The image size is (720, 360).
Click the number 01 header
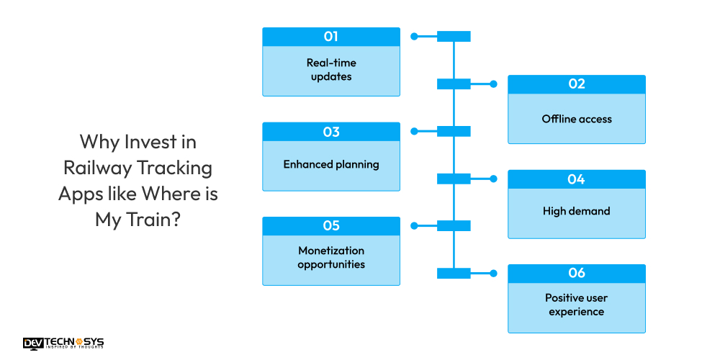(331, 37)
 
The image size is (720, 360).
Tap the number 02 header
(576, 84)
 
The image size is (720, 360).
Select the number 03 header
(331, 132)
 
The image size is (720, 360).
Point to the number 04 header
(576, 179)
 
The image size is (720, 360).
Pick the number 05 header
(331, 226)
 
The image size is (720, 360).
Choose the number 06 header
(576, 273)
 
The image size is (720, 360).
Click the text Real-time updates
(331, 69)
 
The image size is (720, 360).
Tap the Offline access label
(577, 119)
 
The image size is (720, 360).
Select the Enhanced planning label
(331, 164)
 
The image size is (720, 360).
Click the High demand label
(576, 211)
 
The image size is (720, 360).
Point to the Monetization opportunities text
(331, 258)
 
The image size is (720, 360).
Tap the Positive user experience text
(576, 305)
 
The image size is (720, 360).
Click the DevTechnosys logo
(63, 343)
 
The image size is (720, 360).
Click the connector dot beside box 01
(414, 36)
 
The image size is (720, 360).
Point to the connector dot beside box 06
(494, 274)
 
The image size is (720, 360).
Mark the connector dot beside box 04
(494, 179)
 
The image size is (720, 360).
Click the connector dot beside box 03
(414, 131)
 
